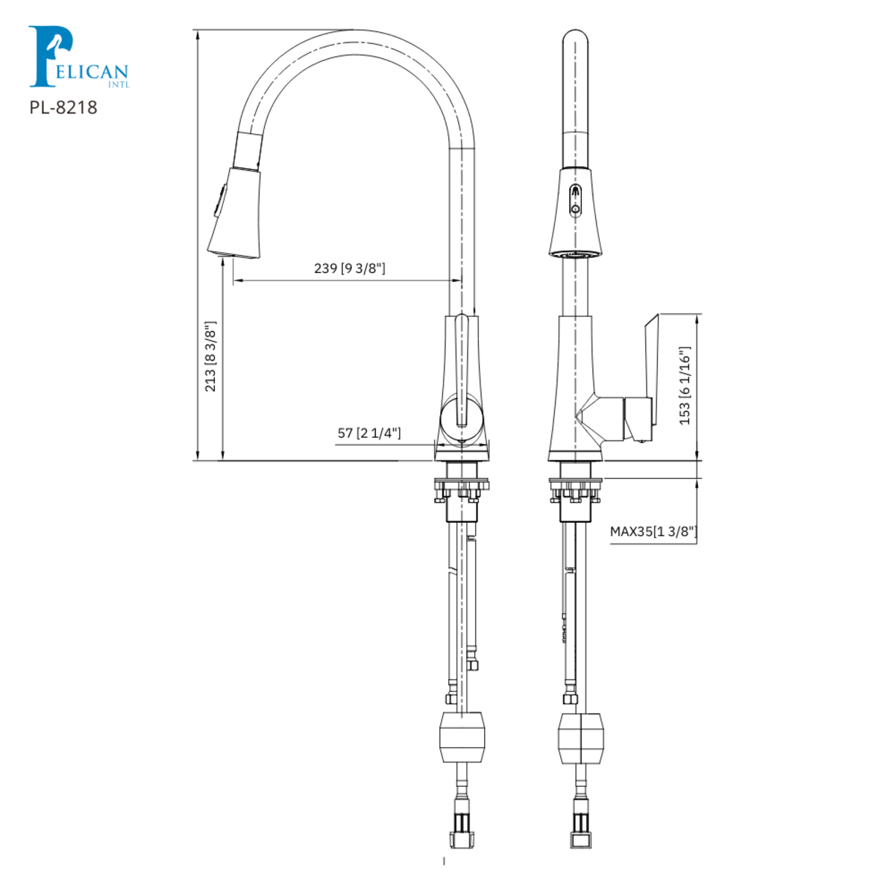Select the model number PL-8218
tap(63, 107)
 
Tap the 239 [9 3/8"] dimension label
tap(350, 268)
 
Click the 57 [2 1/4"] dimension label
tap(369, 433)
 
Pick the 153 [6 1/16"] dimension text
tap(685, 386)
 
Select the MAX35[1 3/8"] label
tap(653, 532)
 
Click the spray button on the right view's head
tap(575, 200)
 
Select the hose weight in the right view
tap(580, 738)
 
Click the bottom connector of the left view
tap(463, 828)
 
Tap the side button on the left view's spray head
tap(220, 199)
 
